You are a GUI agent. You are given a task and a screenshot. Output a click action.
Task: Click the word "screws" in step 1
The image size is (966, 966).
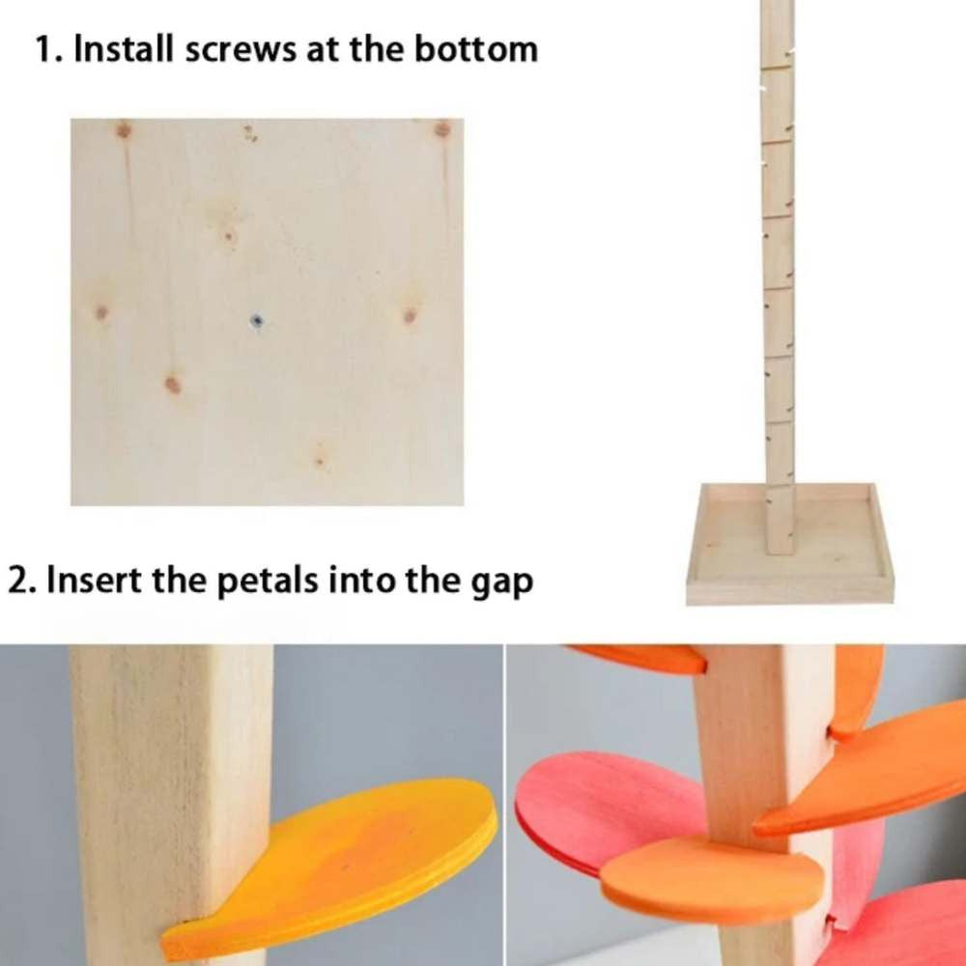(241, 50)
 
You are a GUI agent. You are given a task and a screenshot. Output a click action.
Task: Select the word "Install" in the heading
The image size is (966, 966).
(124, 48)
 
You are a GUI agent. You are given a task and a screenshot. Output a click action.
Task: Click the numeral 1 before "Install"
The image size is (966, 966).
(45, 49)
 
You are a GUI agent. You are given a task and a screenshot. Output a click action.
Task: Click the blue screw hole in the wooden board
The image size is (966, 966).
(258, 321)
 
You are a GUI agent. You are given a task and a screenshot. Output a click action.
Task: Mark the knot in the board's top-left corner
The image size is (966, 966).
(124, 130)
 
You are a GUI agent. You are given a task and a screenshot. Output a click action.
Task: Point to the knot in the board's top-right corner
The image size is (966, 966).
(442, 129)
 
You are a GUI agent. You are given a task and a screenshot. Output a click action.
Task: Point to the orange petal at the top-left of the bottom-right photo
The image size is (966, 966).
(640, 658)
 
